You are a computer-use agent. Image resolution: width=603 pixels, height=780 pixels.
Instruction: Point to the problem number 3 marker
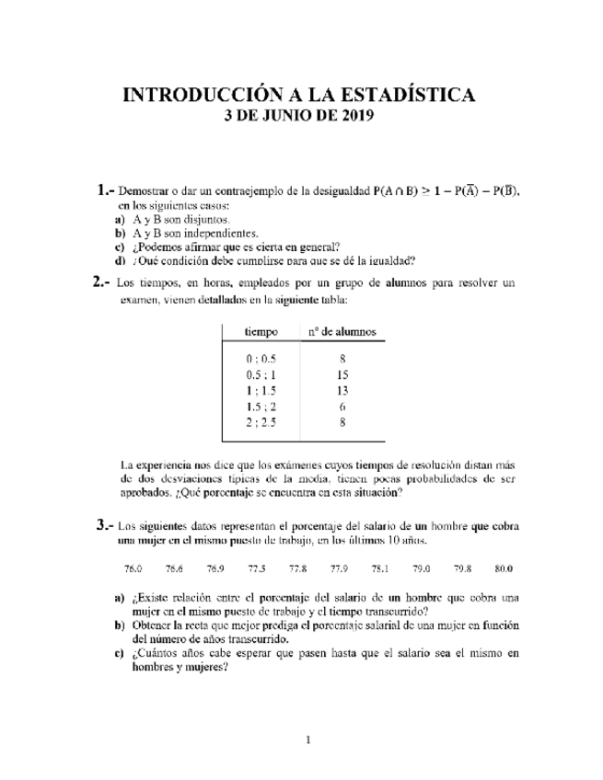point(102,526)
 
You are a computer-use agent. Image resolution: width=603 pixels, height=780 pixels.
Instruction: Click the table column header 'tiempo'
point(260,331)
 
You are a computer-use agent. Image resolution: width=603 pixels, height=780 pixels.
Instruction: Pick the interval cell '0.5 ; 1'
point(261,375)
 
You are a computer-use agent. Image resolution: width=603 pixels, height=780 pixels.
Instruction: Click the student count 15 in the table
point(342,375)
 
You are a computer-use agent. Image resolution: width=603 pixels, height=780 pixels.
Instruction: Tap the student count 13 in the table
point(342,391)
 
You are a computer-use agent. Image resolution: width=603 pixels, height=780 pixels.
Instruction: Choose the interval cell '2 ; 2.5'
point(261,422)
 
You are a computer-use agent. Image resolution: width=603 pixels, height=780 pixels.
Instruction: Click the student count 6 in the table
point(342,407)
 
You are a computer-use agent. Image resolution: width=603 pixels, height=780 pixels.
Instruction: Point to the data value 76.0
point(133,568)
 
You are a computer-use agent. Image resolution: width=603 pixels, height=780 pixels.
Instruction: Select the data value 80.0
point(504,568)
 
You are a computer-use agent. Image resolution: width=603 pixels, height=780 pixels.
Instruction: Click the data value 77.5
point(257,568)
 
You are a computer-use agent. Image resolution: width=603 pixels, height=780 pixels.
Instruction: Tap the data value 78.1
point(380,568)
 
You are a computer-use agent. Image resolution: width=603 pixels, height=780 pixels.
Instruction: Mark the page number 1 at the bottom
point(309,740)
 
